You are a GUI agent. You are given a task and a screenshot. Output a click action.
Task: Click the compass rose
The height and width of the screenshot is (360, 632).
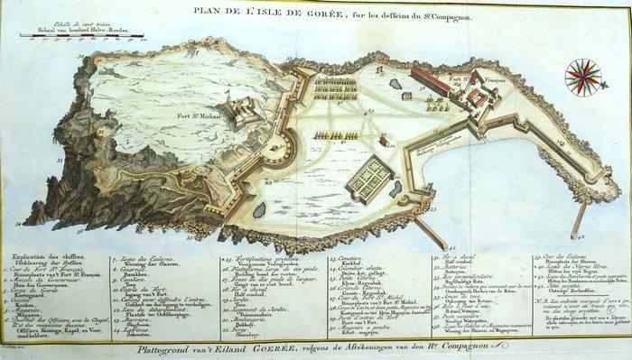click(x=584, y=77)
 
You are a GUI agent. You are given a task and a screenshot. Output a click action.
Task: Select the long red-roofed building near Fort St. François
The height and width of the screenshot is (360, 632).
click(x=431, y=84)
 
